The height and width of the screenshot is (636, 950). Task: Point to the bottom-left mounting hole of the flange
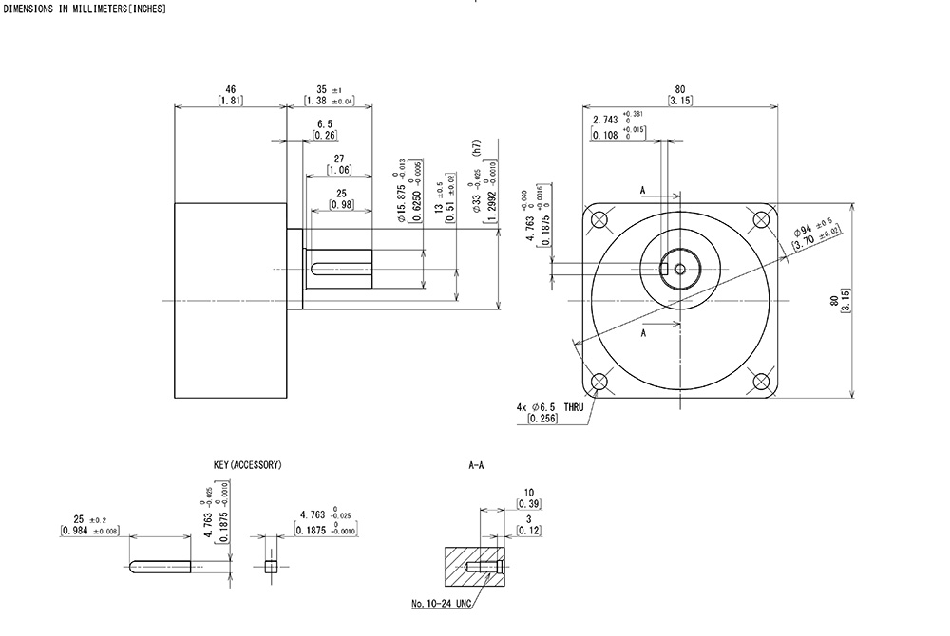pyautogui.click(x=599, y=383)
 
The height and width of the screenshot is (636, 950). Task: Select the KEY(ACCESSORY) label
pyautogui.click(x=248, y=465)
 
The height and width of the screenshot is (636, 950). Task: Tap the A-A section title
pyautogui.click(x=477, y=465)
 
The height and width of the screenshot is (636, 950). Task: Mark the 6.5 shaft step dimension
pyautogui.click(x=324, y=124)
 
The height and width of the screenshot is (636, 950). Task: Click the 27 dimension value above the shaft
pyautogui.click(x=339, y=159)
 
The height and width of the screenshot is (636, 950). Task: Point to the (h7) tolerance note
pyautogui.click(x=476, y=149)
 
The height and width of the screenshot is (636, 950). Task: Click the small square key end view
pyautogui.click(x=271, y=567)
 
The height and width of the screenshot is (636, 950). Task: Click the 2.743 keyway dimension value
pyautogui.click(x=604, y=120)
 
